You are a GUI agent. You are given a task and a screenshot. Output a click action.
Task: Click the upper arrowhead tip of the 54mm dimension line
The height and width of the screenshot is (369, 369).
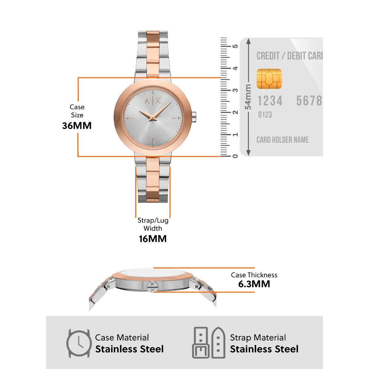248,38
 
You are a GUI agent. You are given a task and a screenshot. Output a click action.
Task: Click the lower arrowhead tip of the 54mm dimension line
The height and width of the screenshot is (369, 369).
248,156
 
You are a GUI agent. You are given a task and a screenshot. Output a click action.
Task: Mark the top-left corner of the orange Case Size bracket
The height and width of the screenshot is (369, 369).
78,77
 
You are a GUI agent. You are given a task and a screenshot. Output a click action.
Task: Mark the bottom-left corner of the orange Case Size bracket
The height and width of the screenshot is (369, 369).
78,157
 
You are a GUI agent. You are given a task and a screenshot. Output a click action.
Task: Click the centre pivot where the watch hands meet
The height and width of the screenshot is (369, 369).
153,119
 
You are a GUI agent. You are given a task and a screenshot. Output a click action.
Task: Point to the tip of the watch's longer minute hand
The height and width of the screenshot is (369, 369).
171,102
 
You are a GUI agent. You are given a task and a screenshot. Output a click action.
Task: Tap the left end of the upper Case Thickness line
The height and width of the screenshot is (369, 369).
153,268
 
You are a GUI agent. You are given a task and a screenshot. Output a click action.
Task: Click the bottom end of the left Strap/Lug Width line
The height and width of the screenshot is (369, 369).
136,218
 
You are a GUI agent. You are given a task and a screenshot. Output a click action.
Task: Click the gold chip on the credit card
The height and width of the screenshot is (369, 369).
269,79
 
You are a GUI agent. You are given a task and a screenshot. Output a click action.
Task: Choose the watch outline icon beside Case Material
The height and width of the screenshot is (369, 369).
78,343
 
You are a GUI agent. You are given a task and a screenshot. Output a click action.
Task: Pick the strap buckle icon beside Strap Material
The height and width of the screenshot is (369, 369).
209,343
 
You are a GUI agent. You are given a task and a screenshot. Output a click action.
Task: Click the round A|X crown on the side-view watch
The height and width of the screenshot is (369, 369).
152,287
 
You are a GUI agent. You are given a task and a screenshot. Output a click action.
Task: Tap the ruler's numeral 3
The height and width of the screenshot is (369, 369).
235,90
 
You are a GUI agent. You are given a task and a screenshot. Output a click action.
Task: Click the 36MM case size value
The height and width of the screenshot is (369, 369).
77,126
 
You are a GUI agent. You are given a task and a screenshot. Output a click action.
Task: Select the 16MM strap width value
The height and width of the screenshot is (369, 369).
153,239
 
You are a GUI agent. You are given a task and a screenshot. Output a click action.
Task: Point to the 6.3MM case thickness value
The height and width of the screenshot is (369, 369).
254,284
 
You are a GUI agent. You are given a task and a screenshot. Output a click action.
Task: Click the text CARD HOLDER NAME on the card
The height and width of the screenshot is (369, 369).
283,140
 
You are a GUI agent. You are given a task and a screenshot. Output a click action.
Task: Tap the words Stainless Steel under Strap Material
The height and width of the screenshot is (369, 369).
264,349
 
